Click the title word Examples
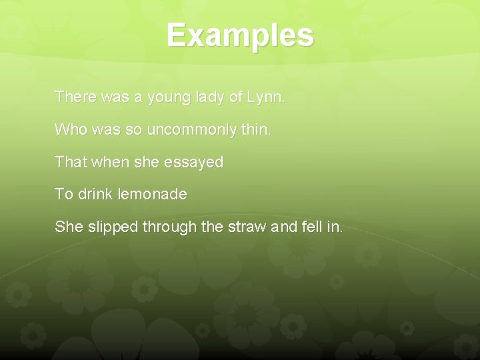click(x=240, y=35)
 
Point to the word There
click(x=76, y=97)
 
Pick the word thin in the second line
click(x=256, y=129)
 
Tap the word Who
click(x=71, y=129)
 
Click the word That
click(x=69, y=162)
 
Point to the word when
click(x=106, y=162)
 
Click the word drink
click(x=97, y=195)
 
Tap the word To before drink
click(x=64, y=195)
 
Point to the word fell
click(x=311, y=227)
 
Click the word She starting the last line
click(x=69, y=227)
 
